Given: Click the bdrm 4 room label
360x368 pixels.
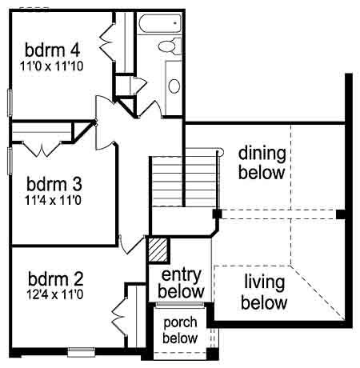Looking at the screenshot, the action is [x=52, y=50].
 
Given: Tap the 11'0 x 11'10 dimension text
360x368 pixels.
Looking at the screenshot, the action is [x=52, y=66].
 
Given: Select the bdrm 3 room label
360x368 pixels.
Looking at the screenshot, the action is [x=54, y=184].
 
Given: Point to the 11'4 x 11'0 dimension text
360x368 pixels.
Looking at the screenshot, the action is [x=53, y=200].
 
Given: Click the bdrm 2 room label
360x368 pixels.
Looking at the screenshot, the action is [x=56, y=279].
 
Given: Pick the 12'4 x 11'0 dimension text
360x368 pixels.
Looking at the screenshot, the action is [x=55, y=294].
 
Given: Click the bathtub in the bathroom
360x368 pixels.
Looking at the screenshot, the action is [x=160, y=23].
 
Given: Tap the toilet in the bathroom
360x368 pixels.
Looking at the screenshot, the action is [x=170, y=46].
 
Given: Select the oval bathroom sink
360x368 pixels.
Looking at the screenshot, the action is [x=174, y=86].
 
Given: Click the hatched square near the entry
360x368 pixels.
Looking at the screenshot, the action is [x=158, y=250].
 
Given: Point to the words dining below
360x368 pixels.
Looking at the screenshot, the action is [x=262, y=163].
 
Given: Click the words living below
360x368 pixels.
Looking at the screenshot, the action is [x=264, y=293].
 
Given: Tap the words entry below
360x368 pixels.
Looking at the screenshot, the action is [x=181, y=283].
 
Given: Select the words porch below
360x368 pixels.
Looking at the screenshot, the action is [x=180, y=330].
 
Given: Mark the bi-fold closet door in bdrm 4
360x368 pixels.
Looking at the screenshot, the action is [x=107, y=42].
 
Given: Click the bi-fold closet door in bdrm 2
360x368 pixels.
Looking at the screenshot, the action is [x=119, y=316].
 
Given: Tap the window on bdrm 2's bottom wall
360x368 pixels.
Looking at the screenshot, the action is [x=81, y=352].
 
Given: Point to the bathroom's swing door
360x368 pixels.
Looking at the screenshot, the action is [x=150, y=109].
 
